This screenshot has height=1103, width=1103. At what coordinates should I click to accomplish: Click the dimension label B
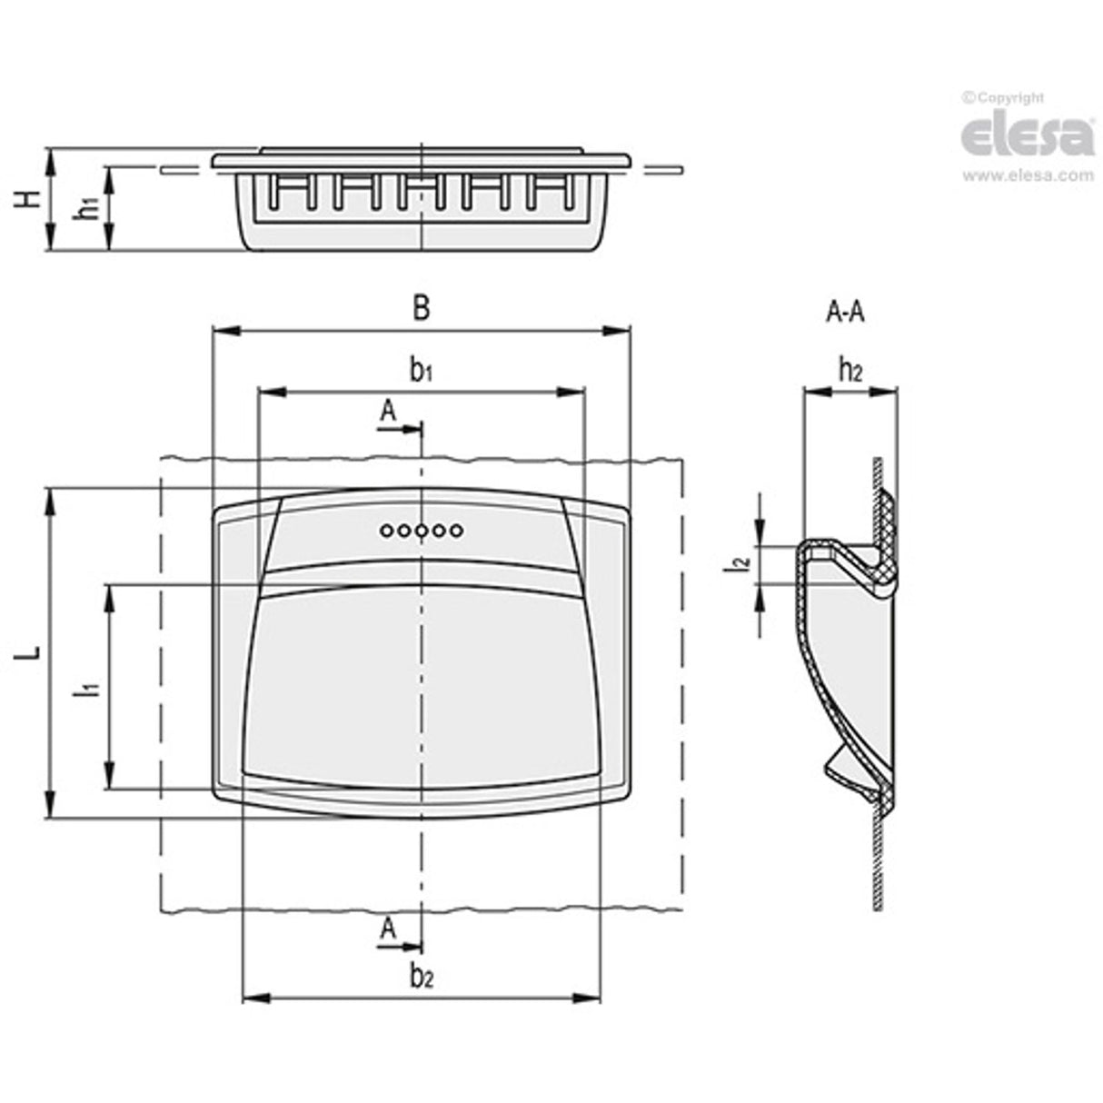click(x=420, y=309)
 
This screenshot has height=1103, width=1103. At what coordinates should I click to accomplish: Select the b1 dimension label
click(x=420, y=371)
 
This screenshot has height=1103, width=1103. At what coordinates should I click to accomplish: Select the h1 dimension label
click(x=88, y=208)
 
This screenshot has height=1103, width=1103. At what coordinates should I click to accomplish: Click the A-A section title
click(x=845, y=313)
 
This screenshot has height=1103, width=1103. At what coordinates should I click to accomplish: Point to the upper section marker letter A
click(x=388, y=412)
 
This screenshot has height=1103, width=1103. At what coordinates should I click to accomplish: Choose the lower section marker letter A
click(x=388, y=929)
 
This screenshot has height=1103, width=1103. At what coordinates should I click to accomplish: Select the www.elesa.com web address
click(x=1028, y=175)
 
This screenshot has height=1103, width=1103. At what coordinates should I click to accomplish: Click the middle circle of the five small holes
click(x=422, y=531)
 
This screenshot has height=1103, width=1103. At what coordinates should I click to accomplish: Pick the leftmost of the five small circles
click(x=387, y=531)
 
